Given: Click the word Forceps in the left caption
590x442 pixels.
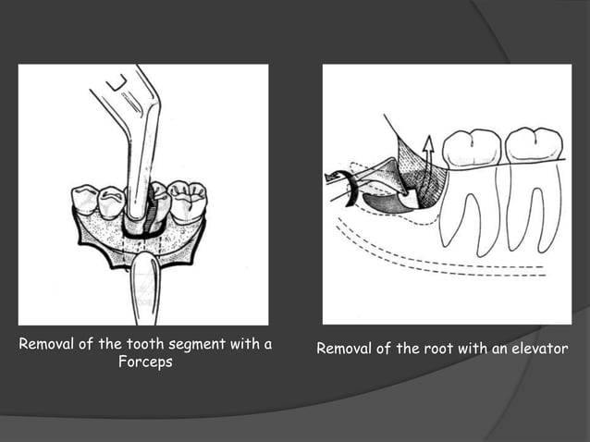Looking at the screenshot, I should click(145, 362).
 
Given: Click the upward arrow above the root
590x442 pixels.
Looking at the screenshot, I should click(427, 149).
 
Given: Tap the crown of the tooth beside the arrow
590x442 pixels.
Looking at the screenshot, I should click(472, 150).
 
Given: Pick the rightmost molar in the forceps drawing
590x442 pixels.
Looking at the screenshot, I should click(188, 202).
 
